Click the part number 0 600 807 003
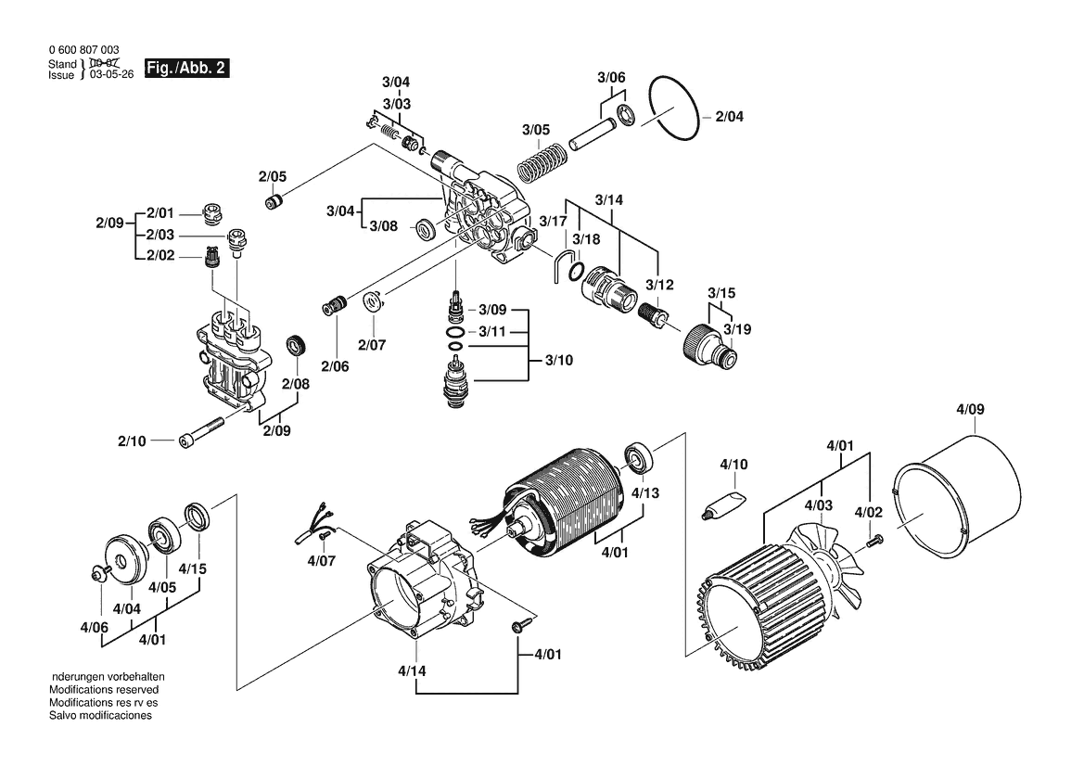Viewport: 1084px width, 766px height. (83, 50)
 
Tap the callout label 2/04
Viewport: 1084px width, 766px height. (729, 117)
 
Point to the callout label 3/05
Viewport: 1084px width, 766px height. (535, 129)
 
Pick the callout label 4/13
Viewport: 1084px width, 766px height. (645, 493)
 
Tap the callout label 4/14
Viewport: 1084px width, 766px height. (413, 670)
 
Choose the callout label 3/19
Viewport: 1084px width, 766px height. (738, 329)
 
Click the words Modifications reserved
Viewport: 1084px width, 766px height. (104, 690)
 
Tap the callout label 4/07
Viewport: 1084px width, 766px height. (321, 561)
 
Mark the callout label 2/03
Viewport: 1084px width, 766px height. (160, 236)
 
